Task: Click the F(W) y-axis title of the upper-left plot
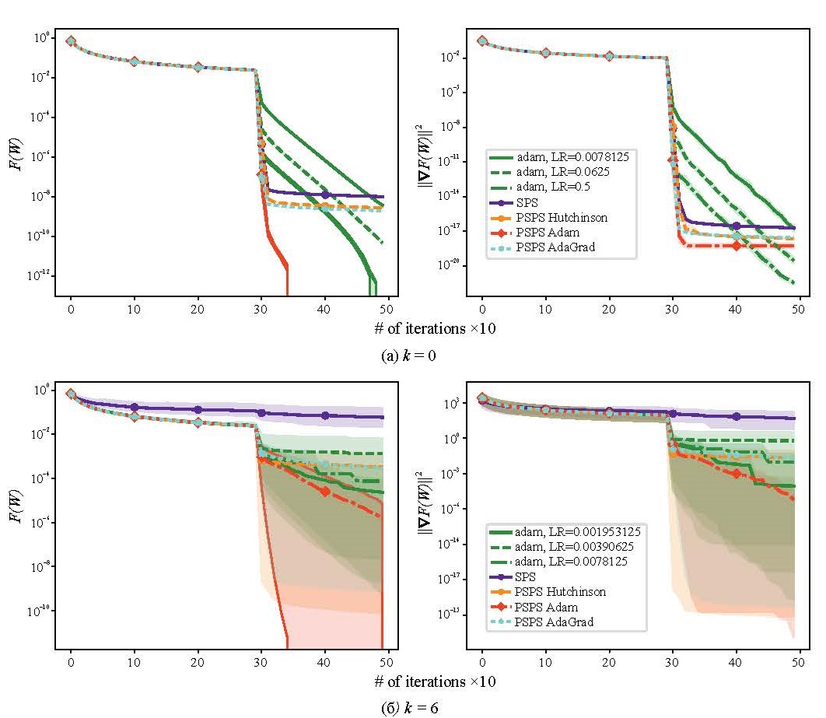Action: coord(18,156)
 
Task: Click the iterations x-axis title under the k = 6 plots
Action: coord(434,682)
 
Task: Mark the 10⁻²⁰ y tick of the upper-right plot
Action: coord(450,266)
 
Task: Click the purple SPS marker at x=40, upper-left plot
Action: coord(325,194)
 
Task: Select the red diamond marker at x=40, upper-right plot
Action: coord(737,246)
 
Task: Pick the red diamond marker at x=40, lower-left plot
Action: coord(325,490)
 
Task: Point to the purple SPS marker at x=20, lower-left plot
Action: coord(198,409)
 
